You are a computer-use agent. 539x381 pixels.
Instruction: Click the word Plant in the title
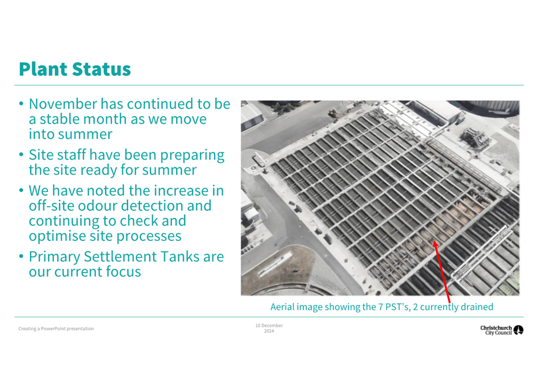(x=43, y=69)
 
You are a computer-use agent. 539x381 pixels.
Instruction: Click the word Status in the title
(x=102, y=69)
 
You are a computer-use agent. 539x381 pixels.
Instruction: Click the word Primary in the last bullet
(x=54, y=257)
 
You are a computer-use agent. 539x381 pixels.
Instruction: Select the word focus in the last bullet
(x=123, y=272)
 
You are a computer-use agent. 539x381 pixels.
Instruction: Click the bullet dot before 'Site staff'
(x=21, y=155)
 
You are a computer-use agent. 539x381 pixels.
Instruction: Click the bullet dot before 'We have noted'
(x=21, y=190)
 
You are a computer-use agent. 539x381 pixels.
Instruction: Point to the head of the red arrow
(x=435, y=242)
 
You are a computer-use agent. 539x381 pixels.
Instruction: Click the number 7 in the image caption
(x=380, y=307)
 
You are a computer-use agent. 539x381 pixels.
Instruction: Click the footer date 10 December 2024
(x=269, y=328)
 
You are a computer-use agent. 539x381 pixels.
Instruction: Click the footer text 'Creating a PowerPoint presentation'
(x=56, y=329)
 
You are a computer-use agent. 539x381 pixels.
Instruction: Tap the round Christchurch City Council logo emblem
(x=518, y=330)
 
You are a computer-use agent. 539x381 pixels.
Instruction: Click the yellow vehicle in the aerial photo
(x=333, y=114)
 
